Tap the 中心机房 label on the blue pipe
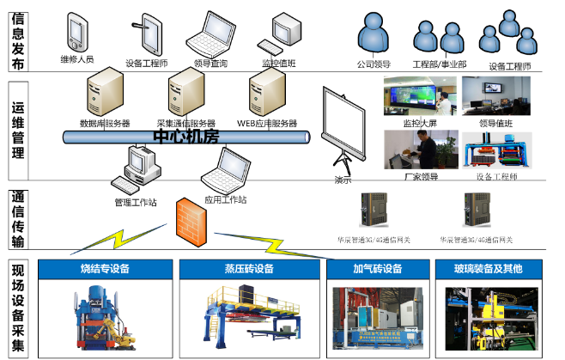point(186,137)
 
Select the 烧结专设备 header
point(106,269)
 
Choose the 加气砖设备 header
point(377,269)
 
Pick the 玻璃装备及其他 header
point(488,269)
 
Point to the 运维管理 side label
point(18,131)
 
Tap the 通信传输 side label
point(18,217)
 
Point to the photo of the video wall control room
point(420,95)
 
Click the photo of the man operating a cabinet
point(420,149)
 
